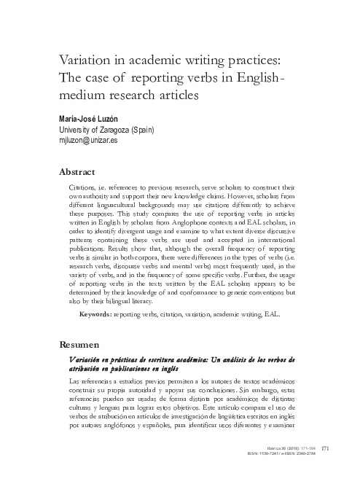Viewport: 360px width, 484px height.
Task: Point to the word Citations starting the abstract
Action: coord(84,188)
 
